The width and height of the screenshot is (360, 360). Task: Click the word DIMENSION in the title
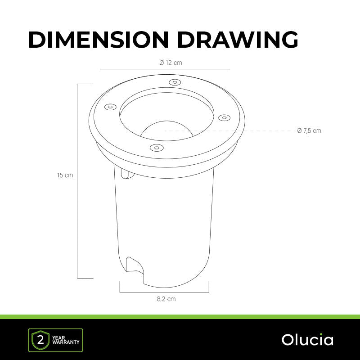tap(99, 40)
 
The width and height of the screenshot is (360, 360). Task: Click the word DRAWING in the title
tap(238, 40)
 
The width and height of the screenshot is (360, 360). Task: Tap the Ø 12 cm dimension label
tap(171, 63)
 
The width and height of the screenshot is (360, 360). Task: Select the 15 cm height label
tap(65, 175)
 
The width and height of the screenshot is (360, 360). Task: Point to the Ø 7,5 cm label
tap(309, 130)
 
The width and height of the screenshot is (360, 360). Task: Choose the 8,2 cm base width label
tap(166, 299)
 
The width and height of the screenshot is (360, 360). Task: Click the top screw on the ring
tap(175, 82)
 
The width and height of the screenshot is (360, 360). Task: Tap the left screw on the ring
tap(110, 107)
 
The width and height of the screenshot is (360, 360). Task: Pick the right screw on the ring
tap(224, 118)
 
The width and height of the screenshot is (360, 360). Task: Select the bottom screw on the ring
tap(156, 148)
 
